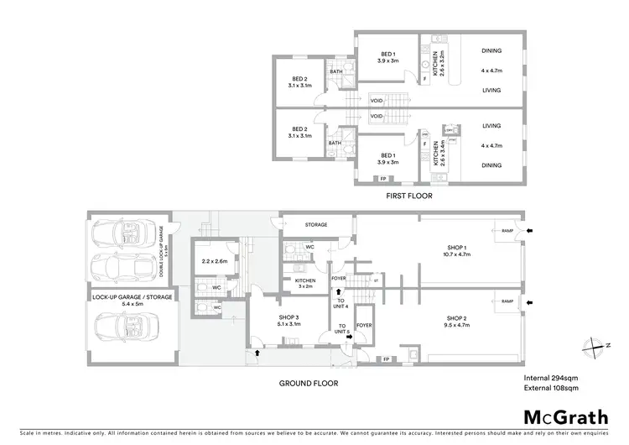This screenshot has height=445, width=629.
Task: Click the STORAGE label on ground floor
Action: pyautogui.click(x=315, y=225)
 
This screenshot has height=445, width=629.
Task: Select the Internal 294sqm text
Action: pyautogui.click(x=544, y=379)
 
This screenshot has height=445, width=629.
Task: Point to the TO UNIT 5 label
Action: pyautogui.click(x=341, y=329)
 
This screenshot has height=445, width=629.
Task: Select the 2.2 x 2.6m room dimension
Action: pyautogui.click(x=216, y=260)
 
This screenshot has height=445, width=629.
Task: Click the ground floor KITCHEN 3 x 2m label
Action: pyautogui.click(x=304, y=283)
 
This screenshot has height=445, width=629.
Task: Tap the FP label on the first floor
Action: pyautogui.click(x=383, y=179)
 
